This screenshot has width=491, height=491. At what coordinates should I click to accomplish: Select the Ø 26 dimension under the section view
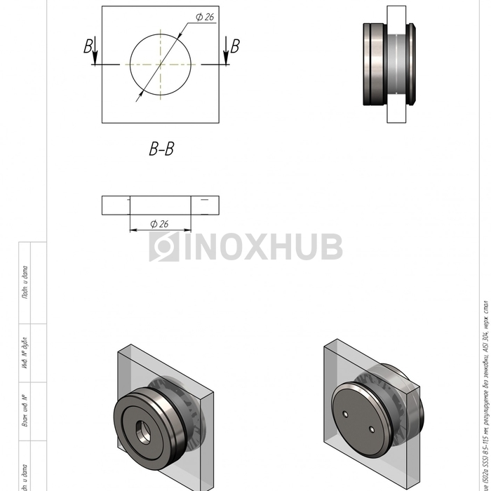(x=159, y=224)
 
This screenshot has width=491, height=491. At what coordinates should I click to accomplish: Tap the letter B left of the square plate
(x=88, y=46)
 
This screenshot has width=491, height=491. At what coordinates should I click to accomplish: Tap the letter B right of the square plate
(x=235, y=46)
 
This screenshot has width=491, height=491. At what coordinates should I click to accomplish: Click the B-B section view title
(x=161, y=149)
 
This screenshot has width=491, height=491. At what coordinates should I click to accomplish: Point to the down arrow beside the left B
(x=95, y=54)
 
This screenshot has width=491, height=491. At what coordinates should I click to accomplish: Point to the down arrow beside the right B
(x=226, y=54)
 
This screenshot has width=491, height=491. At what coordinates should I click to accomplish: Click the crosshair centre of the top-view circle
(x=161, y=65)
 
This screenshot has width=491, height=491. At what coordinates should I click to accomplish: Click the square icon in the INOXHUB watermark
(x=164, y=247)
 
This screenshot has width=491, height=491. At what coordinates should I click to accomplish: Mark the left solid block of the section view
(x=116, y=205)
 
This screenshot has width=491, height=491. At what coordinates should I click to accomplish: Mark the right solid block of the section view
(x=205, y=205)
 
